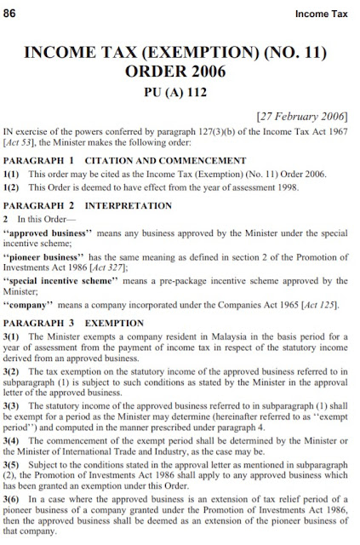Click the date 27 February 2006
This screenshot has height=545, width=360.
(293, 136)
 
